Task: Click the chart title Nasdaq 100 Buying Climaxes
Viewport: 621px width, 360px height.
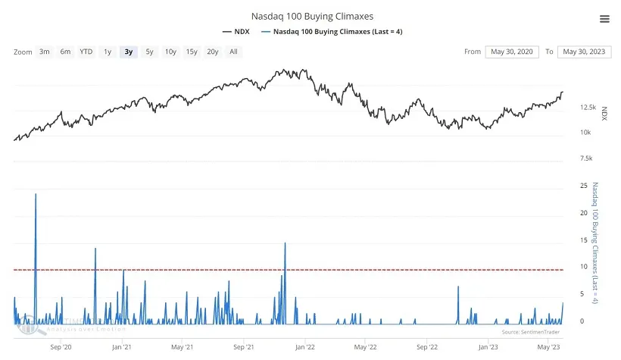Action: coord(312,15)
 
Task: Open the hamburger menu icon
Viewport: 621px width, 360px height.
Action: coord(604,19)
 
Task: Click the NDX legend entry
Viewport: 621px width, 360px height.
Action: coord(238,32)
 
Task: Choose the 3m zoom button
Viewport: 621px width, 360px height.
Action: coord(45,52)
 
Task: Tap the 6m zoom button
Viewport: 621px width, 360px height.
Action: coord(65,52)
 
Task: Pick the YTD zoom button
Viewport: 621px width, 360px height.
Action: coord(86,52)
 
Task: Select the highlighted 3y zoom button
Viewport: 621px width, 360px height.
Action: coord(129,52)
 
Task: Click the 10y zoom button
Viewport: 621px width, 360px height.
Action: coord(170,52)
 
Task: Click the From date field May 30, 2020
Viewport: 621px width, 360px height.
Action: coord(511,52)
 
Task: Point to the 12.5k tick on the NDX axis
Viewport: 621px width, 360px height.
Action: coord(588,108)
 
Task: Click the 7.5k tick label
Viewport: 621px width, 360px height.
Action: coord(585,159)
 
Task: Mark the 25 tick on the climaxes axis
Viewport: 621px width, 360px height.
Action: coord(582,185)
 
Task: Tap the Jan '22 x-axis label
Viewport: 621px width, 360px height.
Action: coord(304,346)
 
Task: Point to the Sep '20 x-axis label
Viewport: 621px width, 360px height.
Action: coord(61,346)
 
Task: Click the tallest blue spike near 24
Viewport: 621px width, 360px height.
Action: coord(36,196)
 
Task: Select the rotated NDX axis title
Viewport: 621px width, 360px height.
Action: coord(604,114)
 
